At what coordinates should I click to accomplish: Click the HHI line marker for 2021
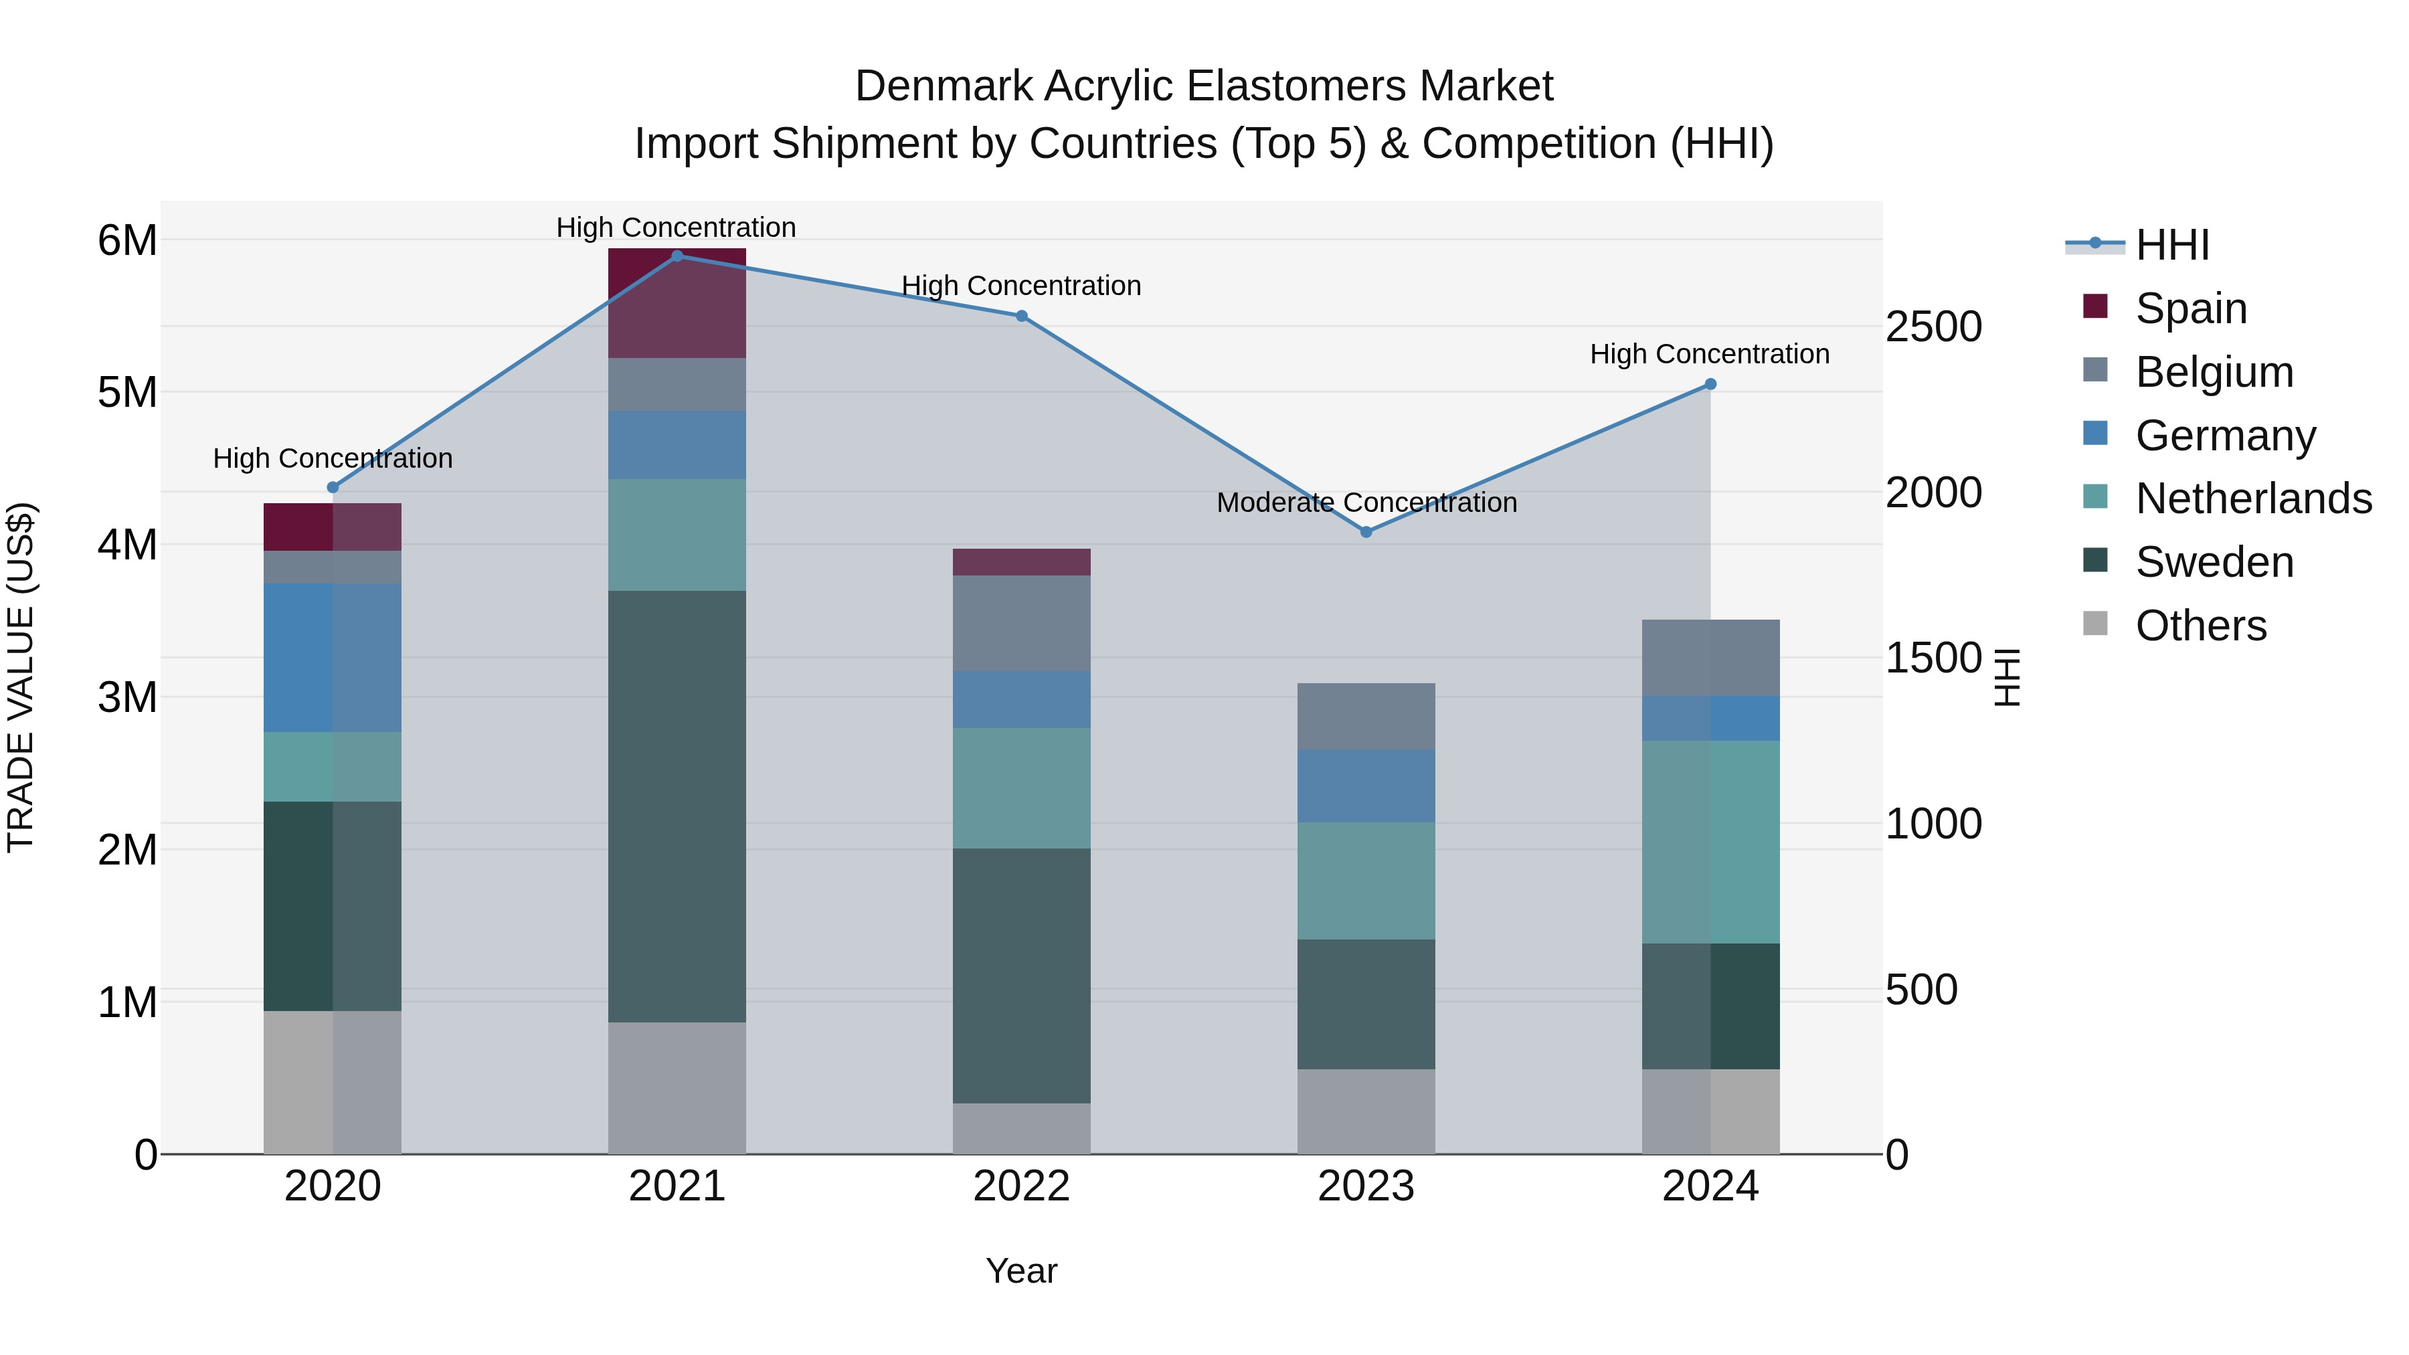tap(677, 256)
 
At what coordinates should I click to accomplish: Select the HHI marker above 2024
tap(1710, 383)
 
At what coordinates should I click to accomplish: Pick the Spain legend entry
tap(2190, 308)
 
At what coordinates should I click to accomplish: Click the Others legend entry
tap(2200, 625)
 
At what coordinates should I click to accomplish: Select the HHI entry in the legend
tap(2171, 244)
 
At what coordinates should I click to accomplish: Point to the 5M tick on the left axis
tap(127, 392)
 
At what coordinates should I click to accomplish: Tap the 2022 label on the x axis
tap(1021, 1186)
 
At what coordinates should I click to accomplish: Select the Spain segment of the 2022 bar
tap(1021, 561)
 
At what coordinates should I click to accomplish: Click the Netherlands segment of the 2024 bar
tap(1710, 842)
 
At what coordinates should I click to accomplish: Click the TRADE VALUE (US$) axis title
tap(21, 677)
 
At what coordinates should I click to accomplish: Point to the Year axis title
tap(1021, 1271)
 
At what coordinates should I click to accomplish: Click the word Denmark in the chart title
tap(944, 86)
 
